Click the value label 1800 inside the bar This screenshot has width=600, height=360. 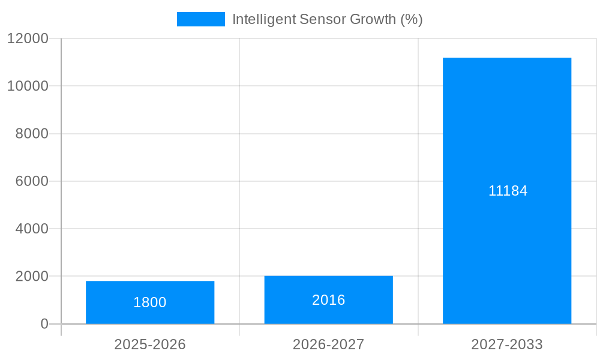[150, 302]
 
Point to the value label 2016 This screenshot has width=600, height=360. [328, 300]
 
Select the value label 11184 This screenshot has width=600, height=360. [508, 191]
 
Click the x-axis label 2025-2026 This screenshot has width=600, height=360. [150, 344]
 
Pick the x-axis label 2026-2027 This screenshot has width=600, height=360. [328, 344]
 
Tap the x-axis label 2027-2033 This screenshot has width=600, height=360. [507, 344]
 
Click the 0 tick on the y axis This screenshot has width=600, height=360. [44, 324]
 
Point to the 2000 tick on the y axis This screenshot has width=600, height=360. [31, 277]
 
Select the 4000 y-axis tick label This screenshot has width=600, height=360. [31, 229]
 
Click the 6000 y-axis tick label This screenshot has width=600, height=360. [31, 181]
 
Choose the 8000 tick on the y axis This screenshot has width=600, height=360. [31, 134]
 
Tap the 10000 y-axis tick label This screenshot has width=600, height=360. [28, 86]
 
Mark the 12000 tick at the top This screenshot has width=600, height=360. [28, 38]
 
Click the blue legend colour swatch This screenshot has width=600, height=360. [200, 19]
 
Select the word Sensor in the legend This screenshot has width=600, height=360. [321, 19]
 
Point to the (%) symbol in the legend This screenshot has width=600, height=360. [412, 19]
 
